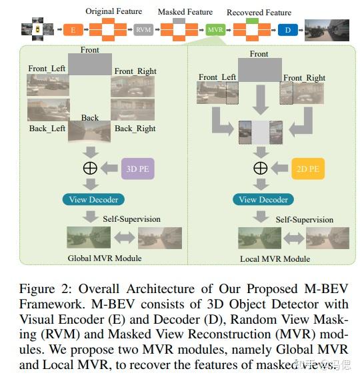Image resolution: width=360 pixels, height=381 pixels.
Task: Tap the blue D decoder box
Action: click(287, 30)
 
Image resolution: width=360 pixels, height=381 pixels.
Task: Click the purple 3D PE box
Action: click(138, 169)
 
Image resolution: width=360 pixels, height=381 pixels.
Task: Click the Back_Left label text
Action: click(49, 128)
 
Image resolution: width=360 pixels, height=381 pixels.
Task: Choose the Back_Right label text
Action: click(135, 128)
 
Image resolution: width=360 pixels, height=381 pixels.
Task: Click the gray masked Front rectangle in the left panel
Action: click(90, 65)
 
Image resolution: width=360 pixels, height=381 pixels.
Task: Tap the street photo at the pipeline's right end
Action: click(327, 30)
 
